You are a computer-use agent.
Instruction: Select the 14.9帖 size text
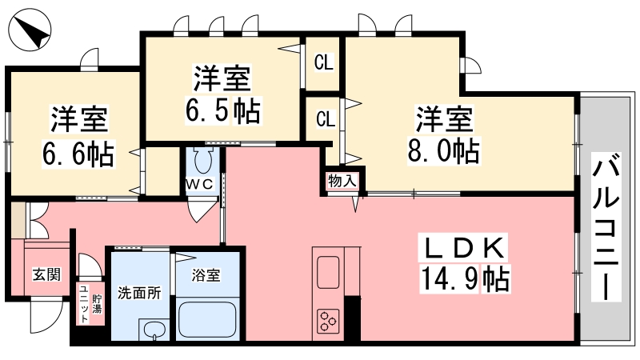pyautogui.click(x=465, y=278)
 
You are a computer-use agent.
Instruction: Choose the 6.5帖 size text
pyautogui.click(x=223, y=110)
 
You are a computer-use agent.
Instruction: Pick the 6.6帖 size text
pyautogui.click(x=78, y=154)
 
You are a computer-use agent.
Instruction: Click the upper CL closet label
pyautogui.click(x=324, y=62)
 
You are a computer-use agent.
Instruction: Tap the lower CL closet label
pyautogui.click(x=326, y=118)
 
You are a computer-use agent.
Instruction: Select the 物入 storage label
pyautogui.click(x=342, y=181)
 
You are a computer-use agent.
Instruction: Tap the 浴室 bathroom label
pyautogui.click(x=206, y=275)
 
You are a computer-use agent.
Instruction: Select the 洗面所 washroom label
pyautogui.click(x=139, y=293)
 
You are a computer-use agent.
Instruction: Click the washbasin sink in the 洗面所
pyautogui.click(x=154, y=330)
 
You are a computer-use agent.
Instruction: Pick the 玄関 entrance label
pyautogui.click(x=47, y=274)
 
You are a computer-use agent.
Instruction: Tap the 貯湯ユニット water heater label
pyautogui.click(x=90, y=304)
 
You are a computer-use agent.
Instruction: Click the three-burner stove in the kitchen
pyautogui.click(x=329, y=321)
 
